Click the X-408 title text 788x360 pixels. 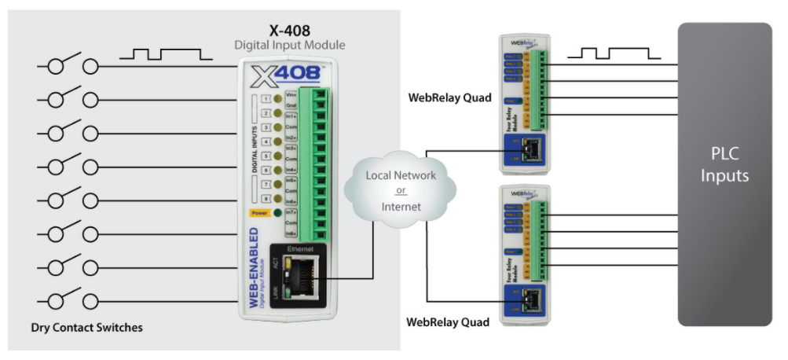click(290, 31)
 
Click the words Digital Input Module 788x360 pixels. click(290, 46)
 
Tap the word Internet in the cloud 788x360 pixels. click(401, 208)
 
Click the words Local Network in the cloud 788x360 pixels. click(401, 175)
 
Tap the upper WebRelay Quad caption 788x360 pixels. click(449, 98)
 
